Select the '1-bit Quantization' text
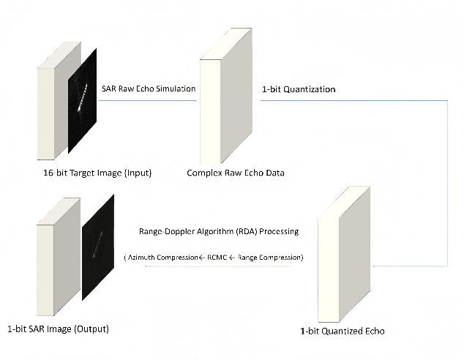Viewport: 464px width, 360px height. pos(299,89)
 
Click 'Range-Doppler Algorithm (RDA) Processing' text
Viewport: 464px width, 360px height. pos(218,231)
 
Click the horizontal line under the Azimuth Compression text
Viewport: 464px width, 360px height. pos(220,267)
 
